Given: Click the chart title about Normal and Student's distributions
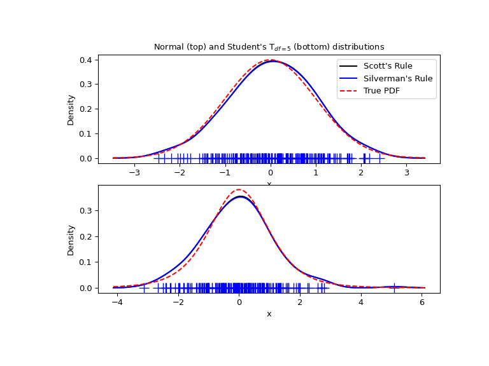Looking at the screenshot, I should (269, 47).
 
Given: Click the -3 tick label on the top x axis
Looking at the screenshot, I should (134, 172).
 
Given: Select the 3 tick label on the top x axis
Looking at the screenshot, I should (407, 172).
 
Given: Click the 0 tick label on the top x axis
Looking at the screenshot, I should (271, 172).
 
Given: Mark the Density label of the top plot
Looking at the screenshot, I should (71, 109).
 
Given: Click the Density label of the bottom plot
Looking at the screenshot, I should (71, 240).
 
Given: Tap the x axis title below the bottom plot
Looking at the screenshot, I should (269, 314).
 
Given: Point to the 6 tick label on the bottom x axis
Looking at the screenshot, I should (422, 302).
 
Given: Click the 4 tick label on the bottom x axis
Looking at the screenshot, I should (361, 302).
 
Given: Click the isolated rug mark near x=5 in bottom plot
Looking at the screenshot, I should (394, 288).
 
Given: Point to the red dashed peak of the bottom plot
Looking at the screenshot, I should (239, 189).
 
